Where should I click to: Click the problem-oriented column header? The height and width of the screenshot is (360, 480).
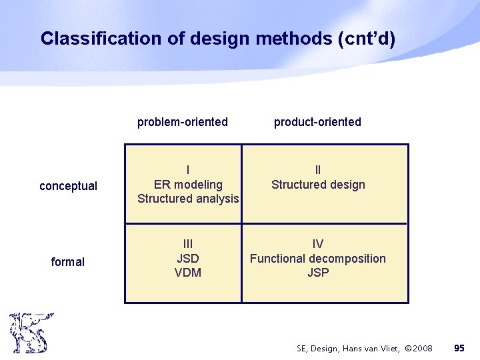pos(183,122)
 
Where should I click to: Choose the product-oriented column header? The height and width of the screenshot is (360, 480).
pos(317,122)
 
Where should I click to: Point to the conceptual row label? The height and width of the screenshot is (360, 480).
pos(68,186)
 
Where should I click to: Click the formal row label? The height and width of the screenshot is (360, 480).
pos(68,262)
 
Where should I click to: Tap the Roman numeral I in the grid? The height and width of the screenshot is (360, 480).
pos(188,171)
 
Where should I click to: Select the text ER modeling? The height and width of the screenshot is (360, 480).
pos(188,185)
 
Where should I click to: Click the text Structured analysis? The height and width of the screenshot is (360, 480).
pos(188,199)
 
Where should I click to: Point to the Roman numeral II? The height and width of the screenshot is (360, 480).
pos(318,171)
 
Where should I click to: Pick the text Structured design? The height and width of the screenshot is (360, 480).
pos(318,185)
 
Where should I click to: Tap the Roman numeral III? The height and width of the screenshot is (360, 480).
pos(188,244)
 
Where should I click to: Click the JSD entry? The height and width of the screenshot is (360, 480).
pos(188,258)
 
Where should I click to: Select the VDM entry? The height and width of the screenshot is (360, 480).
pos(188,273)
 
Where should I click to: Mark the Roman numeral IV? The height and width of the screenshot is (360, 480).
pos(318,244)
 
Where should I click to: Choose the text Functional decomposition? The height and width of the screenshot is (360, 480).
pos(318,258)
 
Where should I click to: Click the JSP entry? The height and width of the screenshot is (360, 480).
pos(318,273)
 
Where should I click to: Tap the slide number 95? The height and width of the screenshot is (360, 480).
pos(459,348)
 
